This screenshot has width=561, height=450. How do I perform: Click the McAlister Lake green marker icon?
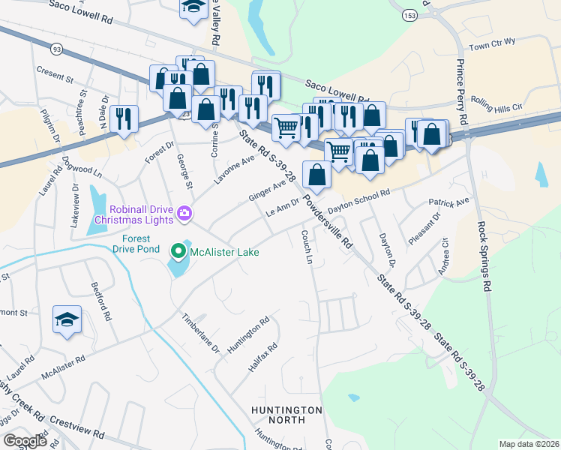(178, 250)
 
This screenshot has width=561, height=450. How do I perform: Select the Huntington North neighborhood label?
(286, 416)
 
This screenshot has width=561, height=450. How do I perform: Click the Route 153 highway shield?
(409, 16)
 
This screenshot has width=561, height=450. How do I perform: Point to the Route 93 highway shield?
(56, 49)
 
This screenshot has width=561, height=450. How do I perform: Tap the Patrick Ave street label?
(448, 202)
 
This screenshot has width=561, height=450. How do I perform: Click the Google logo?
(25, 441)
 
